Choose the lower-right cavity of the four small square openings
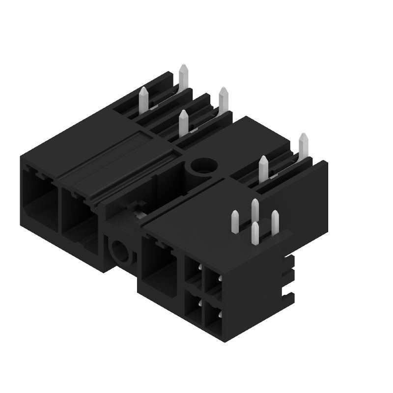(x=213, y=317)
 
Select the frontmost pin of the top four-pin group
(x=184, y=122)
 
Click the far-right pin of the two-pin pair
(x=303, y=145)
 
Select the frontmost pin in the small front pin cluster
(x=255, y=233)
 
